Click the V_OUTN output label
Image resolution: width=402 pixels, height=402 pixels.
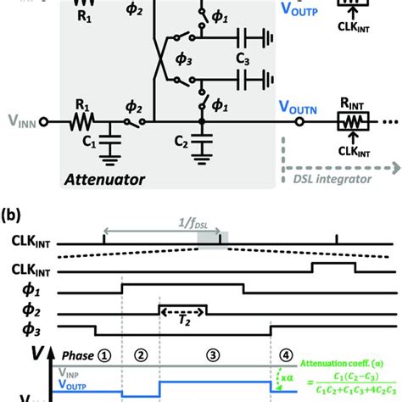point(299,108)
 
